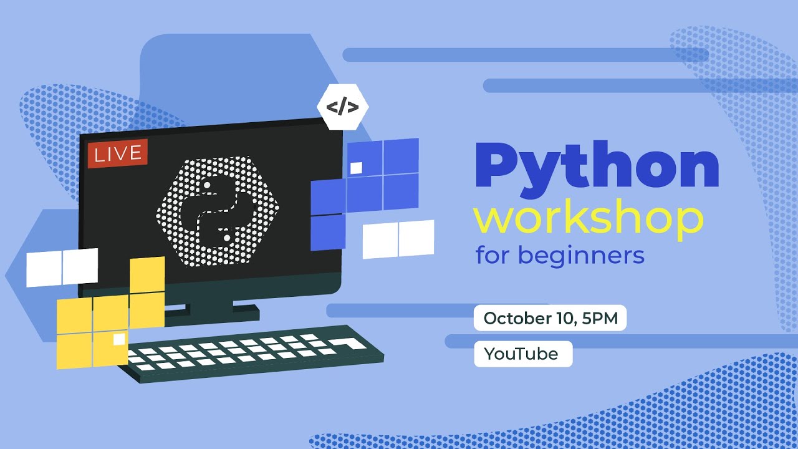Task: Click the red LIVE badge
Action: tap(117, 154)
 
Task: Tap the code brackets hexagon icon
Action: tap(342, 107)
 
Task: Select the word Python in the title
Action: tap(597, 167)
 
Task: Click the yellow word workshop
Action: tap(588, 218)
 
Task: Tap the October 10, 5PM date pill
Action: tap(550, 319)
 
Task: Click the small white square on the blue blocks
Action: tap(357, 168)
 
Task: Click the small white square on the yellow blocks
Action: tap(119, 339)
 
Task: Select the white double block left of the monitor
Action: tap(62, 267)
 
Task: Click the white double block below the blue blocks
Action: tap(398, 239)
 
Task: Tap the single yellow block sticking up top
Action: tap(147, 274)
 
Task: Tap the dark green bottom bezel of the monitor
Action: tap(212, 287)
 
